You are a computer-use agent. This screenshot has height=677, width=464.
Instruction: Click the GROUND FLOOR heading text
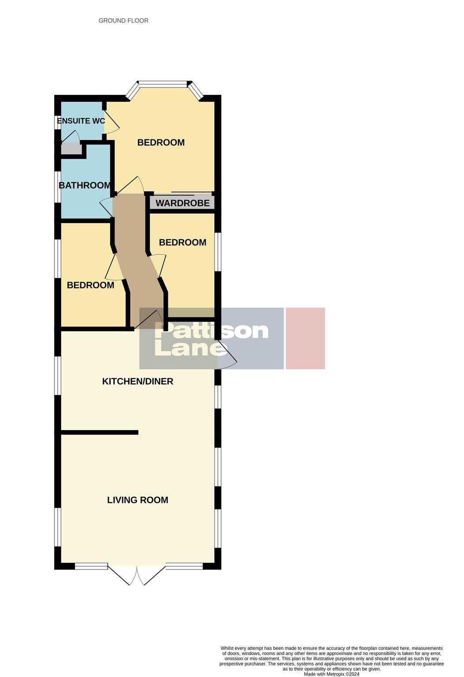coord(123,20)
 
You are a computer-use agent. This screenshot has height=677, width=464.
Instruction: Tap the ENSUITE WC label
coord(81,121)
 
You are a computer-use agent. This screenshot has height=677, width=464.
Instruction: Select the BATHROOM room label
coord(85,185)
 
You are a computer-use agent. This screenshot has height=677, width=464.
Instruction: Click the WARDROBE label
coord(182,203)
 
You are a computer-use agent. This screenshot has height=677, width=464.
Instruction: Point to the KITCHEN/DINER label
coord(137,381)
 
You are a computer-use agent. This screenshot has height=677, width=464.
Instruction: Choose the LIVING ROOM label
coord(137,500)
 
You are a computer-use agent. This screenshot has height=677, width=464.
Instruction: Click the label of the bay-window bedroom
coord(161,142)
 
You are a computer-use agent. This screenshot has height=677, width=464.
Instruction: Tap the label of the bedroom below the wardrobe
coord(182,242)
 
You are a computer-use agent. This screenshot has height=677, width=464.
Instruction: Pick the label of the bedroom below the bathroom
coord(90,285)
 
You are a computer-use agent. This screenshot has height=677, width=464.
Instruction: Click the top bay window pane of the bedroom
coord(163,83)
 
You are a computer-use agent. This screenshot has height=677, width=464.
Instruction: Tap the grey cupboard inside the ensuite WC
coord(71,149)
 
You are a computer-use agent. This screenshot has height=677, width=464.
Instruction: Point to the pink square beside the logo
coord(305,338)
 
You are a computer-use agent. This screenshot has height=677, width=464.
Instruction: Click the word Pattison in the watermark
coord(212,331)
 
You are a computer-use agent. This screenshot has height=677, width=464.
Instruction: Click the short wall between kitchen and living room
coord(100,432)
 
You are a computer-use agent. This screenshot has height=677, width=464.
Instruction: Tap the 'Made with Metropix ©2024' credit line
coord(331,674)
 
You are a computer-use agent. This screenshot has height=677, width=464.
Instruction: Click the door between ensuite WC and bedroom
coord(111,121)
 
